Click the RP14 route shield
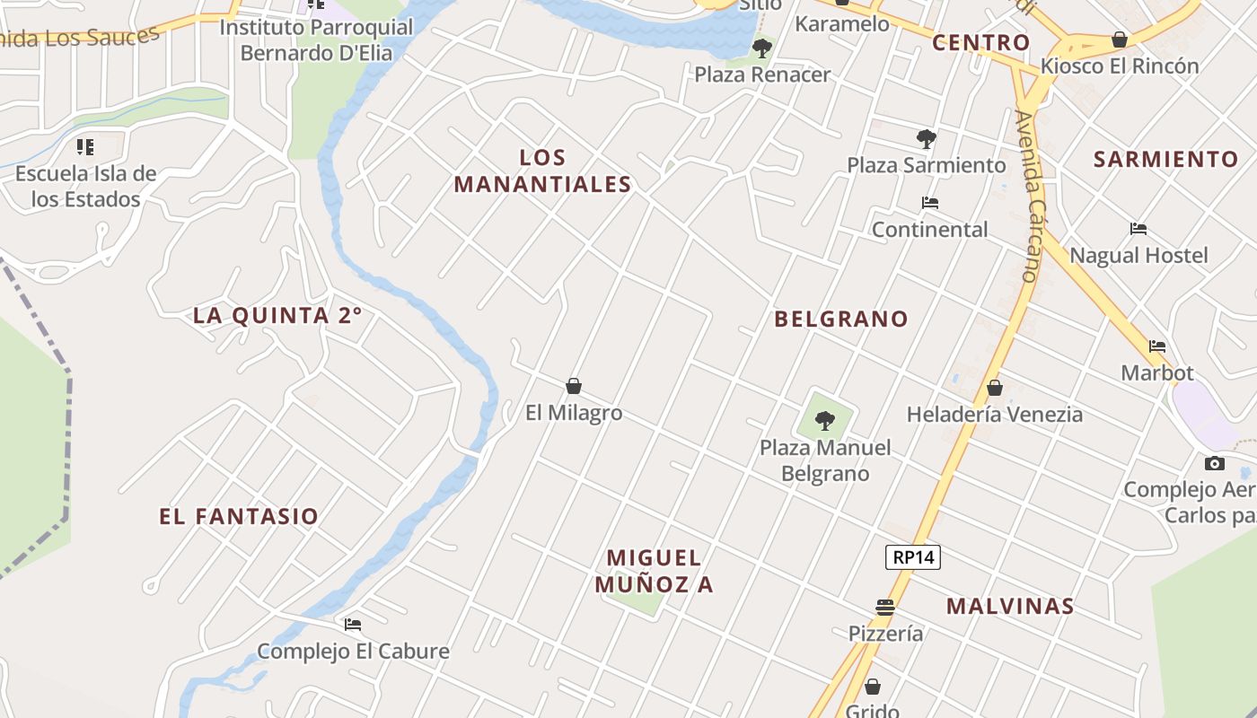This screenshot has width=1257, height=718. coord(913,557)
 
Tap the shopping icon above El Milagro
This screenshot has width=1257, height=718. coord(574,386)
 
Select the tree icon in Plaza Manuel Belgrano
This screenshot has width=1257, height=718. coord(824,420)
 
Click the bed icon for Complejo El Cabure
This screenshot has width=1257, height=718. coord(353,624)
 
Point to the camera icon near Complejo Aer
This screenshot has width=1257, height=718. coord(1215,463)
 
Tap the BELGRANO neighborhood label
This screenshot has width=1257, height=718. coord(841,319)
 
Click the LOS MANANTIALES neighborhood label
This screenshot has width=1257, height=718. coord(542,171)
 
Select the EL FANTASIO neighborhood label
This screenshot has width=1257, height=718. coord(239,516)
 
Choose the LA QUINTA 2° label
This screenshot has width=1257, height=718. coord(277,315)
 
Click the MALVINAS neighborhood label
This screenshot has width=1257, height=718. coord(1010,606)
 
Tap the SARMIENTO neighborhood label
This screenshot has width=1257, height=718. coord(1165,159)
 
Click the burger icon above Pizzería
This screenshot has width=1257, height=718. coord(885,608)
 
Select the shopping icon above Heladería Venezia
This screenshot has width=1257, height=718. coord(994,388)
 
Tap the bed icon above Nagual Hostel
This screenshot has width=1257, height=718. coord(1138,229)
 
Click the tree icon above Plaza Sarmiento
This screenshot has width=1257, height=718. coord(927,139)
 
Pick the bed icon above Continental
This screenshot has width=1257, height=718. coord(930,203)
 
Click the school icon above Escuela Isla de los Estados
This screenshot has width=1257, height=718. coord(85,146)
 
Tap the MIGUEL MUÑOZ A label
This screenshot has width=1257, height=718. coord(654,571)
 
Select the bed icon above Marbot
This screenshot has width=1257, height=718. coord(1157,346)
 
